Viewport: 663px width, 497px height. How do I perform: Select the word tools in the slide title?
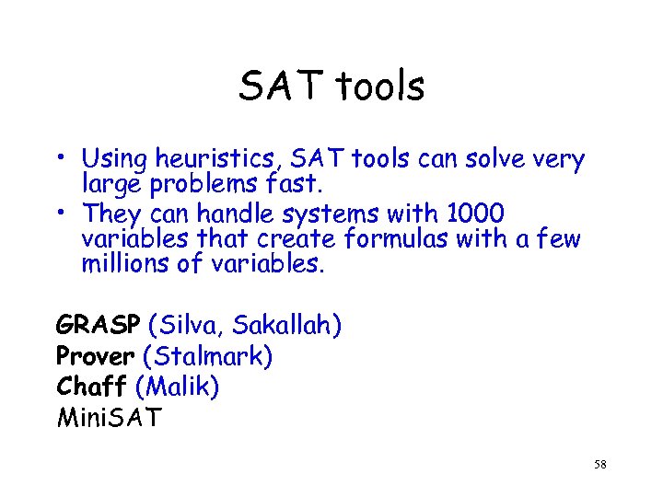379,87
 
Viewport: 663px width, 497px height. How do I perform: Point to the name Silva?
192,326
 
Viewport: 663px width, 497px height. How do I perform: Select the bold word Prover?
96,356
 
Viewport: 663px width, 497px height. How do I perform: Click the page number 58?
600,466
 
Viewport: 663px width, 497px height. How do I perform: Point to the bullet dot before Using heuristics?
61,156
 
